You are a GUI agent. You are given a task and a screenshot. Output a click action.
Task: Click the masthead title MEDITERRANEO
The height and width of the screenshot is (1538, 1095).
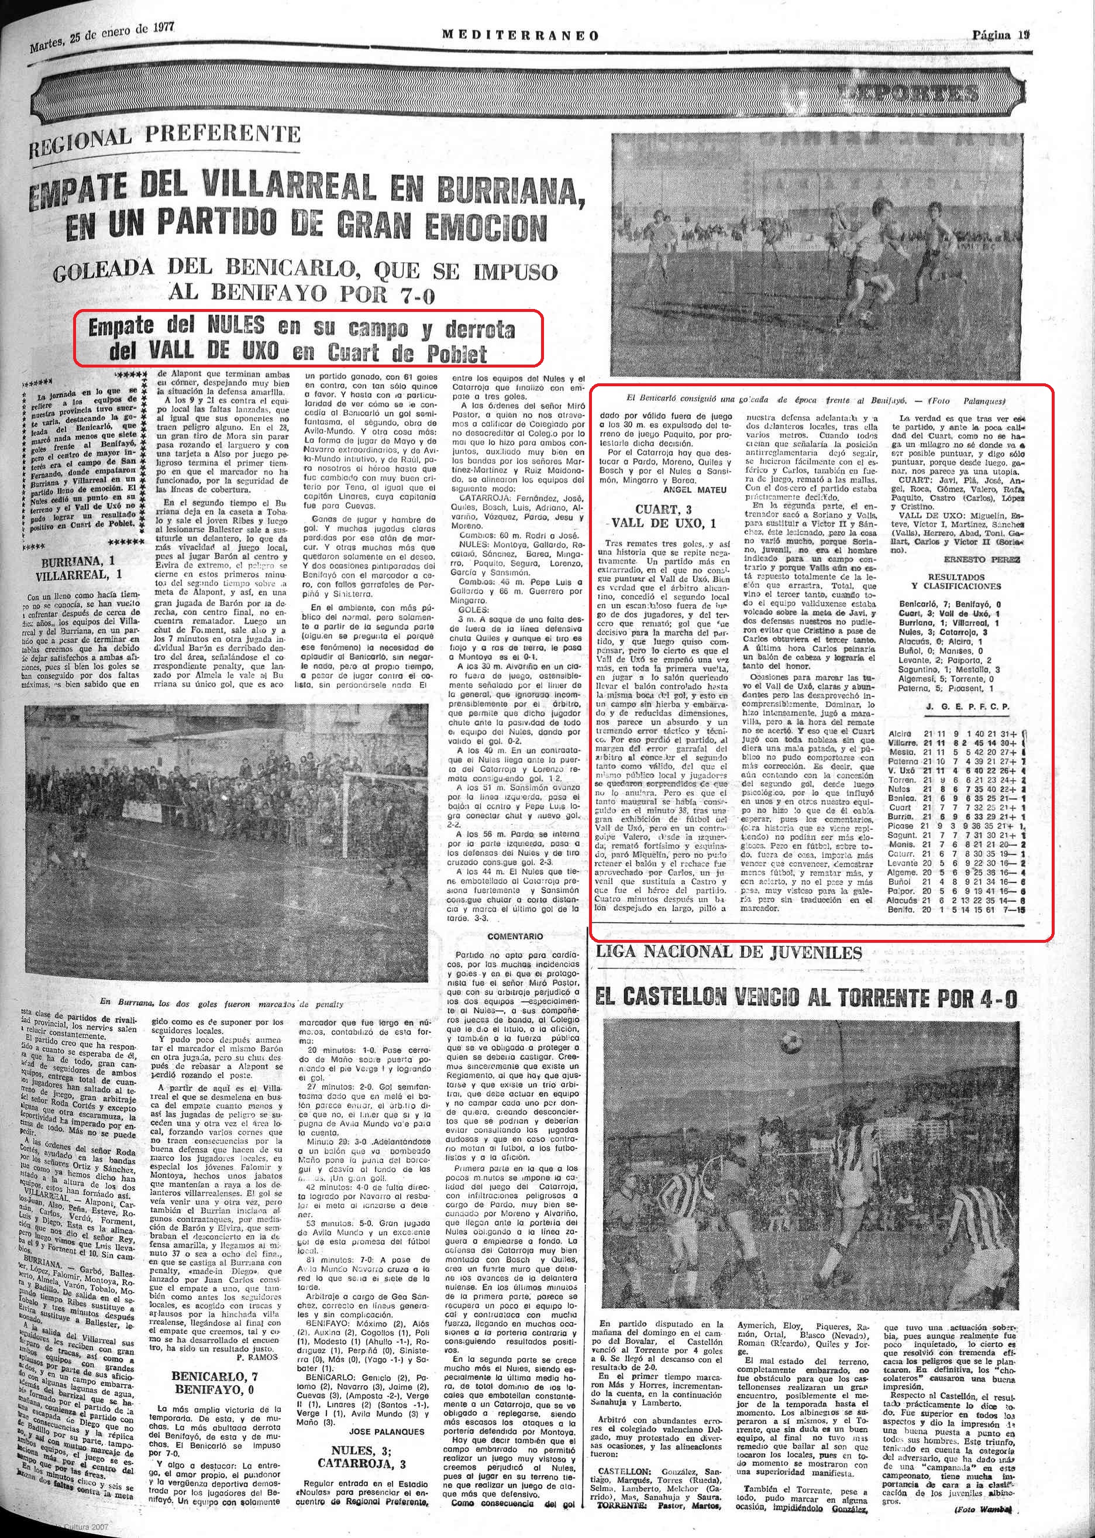point(520,35)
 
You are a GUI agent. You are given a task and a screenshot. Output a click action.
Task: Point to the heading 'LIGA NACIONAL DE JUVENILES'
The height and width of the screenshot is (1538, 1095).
point(729,953)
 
